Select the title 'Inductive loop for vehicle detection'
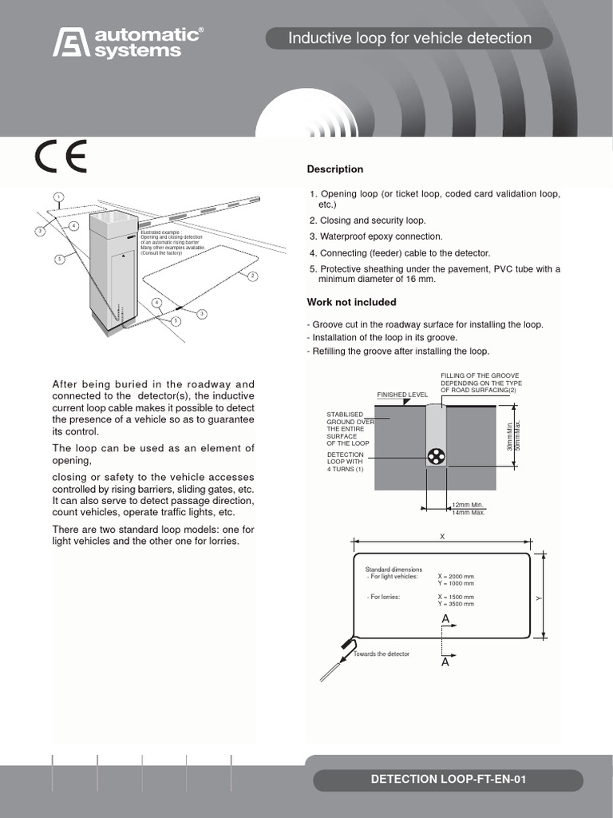[x=409, y=38]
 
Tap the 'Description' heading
[x=335, y=169]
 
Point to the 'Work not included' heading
[x=351, y=302]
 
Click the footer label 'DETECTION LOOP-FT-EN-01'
[x=448, y=780]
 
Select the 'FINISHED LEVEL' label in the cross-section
[x=402, y=395]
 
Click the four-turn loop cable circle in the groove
[x=436, y=457]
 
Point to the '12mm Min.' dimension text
[x=468, y=506]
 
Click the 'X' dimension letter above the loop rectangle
[x=441, y=538]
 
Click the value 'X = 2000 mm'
[x=455, y=576]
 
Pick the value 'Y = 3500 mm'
[x=455, y=604]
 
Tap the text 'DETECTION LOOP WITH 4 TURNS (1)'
[x=346, y=461]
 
